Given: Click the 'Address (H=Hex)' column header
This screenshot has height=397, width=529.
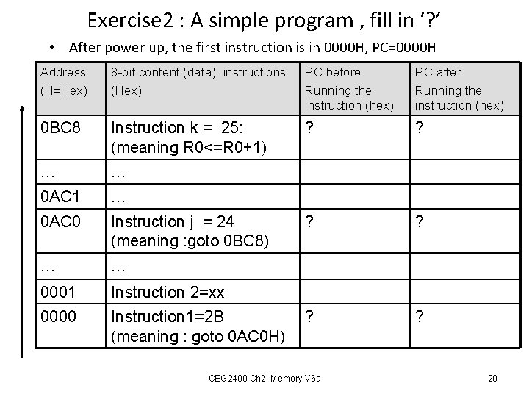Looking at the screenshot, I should tap(64, 81).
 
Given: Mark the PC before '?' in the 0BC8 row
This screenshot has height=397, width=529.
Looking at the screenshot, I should tap(309, 128).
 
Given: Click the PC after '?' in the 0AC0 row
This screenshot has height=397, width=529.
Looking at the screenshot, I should tap(420, 221).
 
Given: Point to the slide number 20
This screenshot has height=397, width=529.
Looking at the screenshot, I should tap(493, 378).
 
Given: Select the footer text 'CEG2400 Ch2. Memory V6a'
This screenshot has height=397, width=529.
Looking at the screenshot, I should tap(264, 378).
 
